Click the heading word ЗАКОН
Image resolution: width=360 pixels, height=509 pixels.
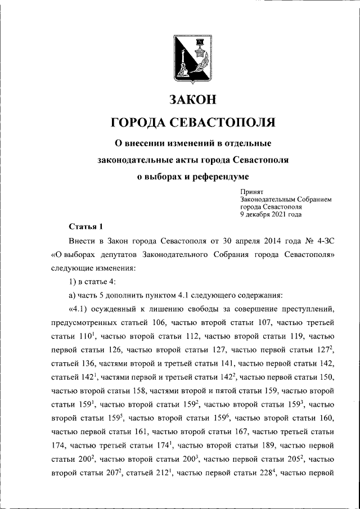(193, 100)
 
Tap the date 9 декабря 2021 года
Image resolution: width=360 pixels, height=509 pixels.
(271, 214)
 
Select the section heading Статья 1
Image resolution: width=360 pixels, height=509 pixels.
(85, 227)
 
